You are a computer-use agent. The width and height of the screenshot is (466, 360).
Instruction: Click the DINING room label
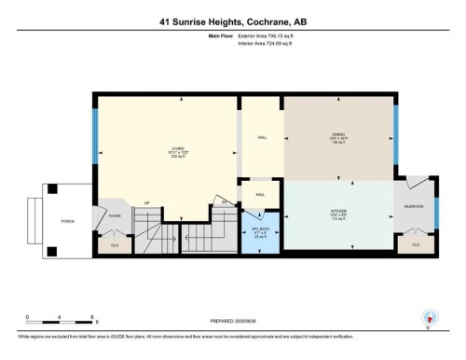tap(338, 133)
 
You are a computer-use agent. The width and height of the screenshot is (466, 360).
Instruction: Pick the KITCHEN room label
tap(338, 211)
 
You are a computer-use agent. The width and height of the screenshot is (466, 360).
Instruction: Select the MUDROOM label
tap(414, 205)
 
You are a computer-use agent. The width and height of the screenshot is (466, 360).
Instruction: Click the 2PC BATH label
tap(261, 229)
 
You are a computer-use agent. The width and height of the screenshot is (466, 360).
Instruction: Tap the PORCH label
tap(67, 221)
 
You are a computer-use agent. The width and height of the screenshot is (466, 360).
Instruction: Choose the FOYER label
tap(116, 215)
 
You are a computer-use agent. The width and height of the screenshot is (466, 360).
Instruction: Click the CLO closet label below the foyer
tap(116, 244)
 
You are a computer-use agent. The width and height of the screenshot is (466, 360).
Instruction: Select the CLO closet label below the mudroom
tap(415, 244)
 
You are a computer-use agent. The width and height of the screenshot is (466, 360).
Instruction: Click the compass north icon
tap(430, 317)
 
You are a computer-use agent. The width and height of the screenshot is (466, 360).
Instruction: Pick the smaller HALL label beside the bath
tap(261, 194)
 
